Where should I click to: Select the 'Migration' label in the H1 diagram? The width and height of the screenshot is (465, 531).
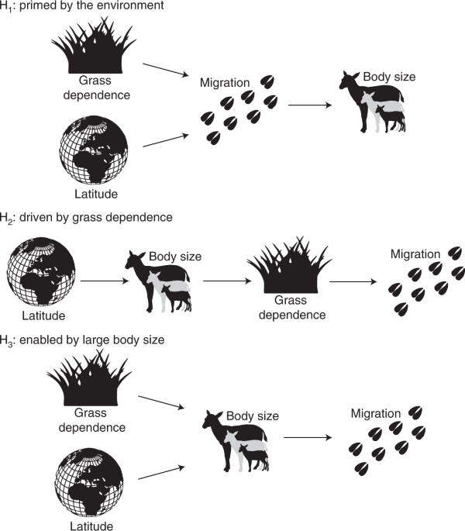(x=225, y=82)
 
